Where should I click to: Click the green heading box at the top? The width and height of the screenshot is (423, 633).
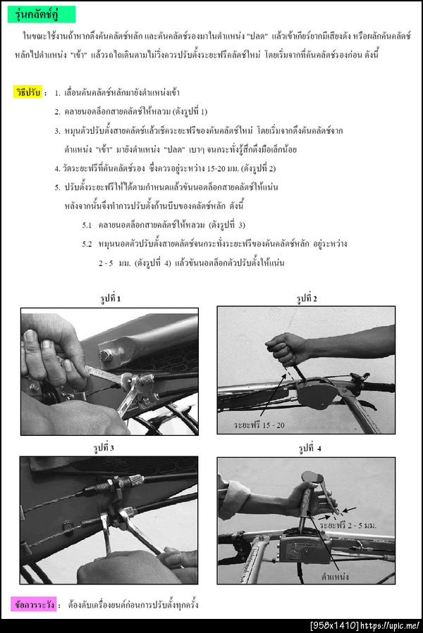pyautogui.click(x=42, y=14)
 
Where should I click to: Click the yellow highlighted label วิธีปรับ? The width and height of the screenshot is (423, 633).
pyautogui.click(x=29, y=92)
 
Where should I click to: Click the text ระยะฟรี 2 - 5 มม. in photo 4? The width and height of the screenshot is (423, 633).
pyautogui.click(x=348, y=525)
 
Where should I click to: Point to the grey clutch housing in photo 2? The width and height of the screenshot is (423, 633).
pyautogui.click(x=318, y=393)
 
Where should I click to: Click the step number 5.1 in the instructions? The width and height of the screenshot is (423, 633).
pyautogui.click(x=87, y=225)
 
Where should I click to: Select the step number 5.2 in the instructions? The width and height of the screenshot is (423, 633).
pyautogui.click(x=87, y=244)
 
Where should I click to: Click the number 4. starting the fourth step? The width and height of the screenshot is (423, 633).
pyautogui.click(x=58, y=168)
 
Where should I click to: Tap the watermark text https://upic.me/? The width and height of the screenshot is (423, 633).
pyautogui.click(x=394, y=625)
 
